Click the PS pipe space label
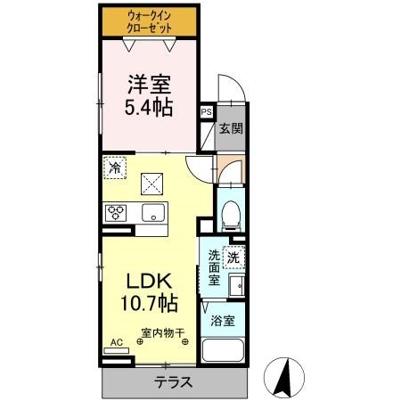[207, 112]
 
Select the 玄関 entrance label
[230, 128]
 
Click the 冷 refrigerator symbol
[115, 166]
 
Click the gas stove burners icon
[117, 214]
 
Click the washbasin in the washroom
[236, 287]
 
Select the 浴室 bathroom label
[224, 322]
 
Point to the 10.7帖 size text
[143, 303]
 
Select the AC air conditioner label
[116, 342]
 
